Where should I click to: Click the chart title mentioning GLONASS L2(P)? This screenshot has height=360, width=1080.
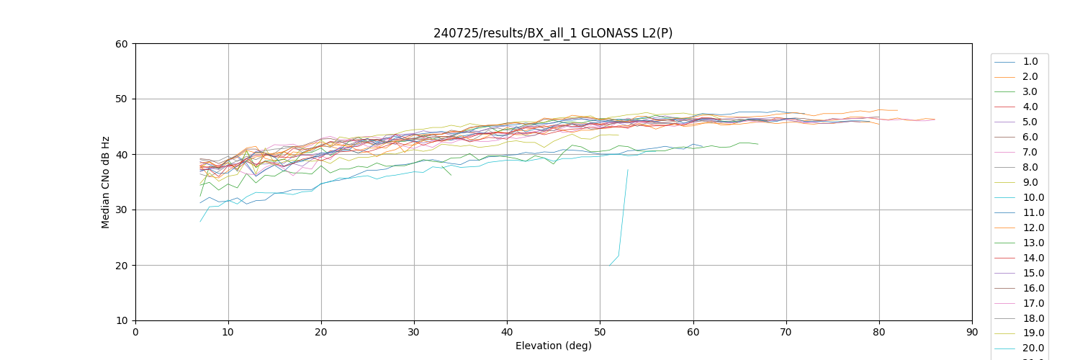(x=553, y=33)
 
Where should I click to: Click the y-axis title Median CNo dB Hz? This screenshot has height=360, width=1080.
(x=106, y=182)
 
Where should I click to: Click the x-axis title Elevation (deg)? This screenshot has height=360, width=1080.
(x=553, y=346)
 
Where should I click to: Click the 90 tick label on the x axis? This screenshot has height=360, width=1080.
(x=971, y=332)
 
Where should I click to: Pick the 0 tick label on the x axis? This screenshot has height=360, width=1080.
(x=135, y=332)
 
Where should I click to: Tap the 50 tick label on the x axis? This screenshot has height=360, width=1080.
(x=600, y=332)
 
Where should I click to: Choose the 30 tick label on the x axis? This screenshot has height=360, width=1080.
(x=414, y=332)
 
